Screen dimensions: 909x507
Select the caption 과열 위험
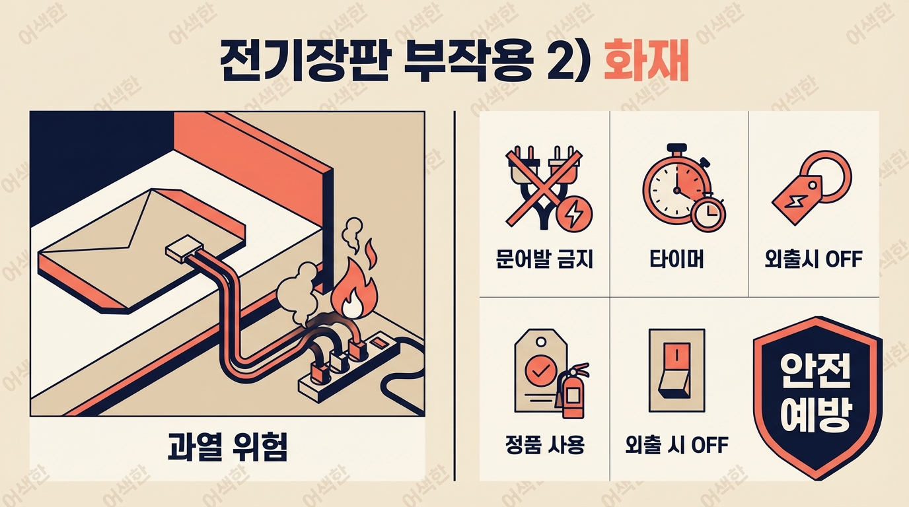click(x=227, y=446)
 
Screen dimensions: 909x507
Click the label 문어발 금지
click(x=544, y=259)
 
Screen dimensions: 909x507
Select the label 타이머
click(x=677, y=259)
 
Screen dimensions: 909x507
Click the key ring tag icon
click(x=811, y=187)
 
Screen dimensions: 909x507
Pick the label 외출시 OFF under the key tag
click(x=813, y=259)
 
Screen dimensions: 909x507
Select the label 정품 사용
click(x=544, y=444)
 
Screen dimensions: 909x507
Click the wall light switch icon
click(x=677, y=370)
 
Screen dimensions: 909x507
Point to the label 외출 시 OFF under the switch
click(x=677, y=444)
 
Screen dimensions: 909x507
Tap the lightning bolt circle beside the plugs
click(x=575, y=214)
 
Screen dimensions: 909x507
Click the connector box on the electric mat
click(x=184, y=247)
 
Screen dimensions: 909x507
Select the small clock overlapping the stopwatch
click(x=709, y=214)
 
